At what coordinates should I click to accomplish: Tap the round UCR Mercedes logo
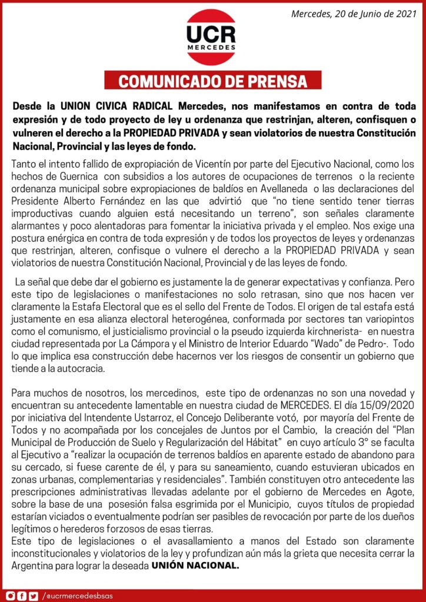pos(211,36)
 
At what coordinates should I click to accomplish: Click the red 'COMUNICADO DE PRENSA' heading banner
pos(213,81)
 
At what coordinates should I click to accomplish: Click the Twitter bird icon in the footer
pos(33,596)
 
